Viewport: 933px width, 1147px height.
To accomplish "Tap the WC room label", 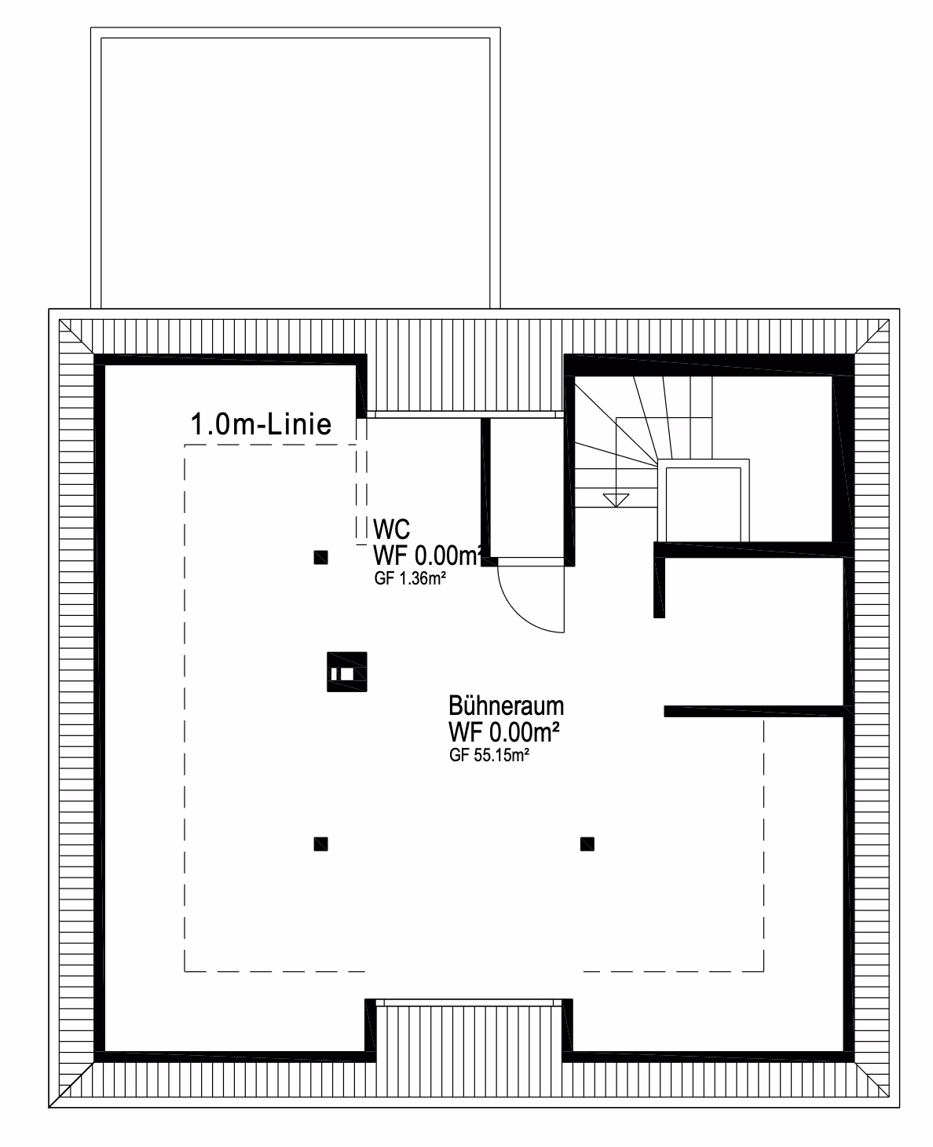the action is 391,530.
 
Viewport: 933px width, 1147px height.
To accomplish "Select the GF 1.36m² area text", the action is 410,578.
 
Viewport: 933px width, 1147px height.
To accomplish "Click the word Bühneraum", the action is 506,705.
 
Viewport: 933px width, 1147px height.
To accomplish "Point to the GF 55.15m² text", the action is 488,756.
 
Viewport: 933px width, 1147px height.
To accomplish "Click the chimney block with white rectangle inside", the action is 346,672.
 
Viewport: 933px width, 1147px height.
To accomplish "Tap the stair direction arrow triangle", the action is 616,500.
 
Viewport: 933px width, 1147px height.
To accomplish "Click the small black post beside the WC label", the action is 321,557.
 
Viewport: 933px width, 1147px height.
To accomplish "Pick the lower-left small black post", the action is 321,844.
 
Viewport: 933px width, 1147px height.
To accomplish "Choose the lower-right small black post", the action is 587,844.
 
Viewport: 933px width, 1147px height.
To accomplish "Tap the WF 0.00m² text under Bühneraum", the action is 504,732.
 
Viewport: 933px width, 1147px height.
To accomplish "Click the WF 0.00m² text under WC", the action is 427,555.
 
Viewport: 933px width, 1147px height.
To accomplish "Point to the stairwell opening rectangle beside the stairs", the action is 703,500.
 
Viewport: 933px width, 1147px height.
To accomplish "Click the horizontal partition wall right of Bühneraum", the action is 754,711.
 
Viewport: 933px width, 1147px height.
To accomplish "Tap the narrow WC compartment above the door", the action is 527,488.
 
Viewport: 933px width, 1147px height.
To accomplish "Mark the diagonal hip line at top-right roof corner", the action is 872,336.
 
